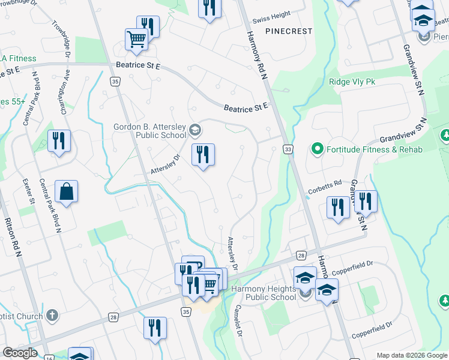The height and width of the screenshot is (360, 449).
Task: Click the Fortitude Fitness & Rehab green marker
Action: [x=317, y=149]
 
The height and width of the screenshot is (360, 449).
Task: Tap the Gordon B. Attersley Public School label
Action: [x=150, y=131]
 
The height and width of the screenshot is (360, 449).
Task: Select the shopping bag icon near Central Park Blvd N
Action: [x=67, y=192]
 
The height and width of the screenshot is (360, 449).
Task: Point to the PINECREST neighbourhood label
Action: [x=289, y=31]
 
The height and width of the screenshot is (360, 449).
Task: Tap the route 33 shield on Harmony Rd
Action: [x=289, y=149]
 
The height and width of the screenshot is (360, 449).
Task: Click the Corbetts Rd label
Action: [x=324, y=184]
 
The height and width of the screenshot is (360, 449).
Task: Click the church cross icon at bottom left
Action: [x=52, y=315]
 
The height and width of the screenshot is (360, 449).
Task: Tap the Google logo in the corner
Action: [x=20, y=353]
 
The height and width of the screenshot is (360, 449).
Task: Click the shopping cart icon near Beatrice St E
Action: [x=136, y=40]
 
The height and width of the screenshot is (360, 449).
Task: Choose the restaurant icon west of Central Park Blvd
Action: [x=59, y=141]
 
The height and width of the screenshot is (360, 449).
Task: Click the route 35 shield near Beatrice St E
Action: [x=115, y=80]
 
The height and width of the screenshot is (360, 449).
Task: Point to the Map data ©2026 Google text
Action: [x=411, y=355]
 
